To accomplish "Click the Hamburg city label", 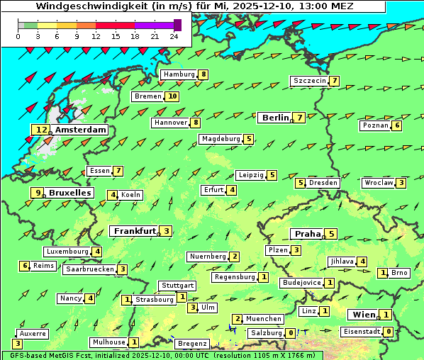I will click(x=179, y=74).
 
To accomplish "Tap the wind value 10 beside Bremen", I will click(x=172, y=96).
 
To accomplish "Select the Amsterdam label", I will click(x=80, y=130).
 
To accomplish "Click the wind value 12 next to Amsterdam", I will click(x=41, y=130).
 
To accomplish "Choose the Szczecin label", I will click(x=310, y=81).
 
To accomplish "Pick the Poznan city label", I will click(x=375, y=125).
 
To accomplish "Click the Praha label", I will click(x=308, y=234).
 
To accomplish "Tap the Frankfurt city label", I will click(x=135, y=231).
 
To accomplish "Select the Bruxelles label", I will click(x=69, y=193).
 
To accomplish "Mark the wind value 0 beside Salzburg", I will click(x=291, y=332).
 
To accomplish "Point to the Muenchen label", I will click(x=264, y=319).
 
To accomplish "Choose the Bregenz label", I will click(x=192, y=344).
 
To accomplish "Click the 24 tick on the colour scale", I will click(x=174, y=36).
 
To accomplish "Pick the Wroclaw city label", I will click(x=378, y=183).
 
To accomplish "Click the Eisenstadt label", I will click(x=361, y=331).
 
